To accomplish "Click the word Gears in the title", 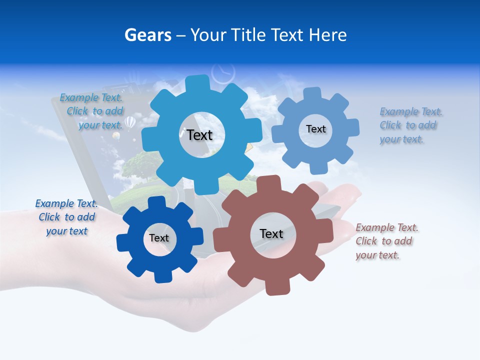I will pyautogui.click(x=147, y=35).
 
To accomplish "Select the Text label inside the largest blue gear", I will pyautogui.click(x=200, y=135).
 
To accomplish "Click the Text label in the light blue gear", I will pyautogui.click(x=315, y=129).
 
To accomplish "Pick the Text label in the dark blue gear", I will pyautogui.click(x=159, y=238).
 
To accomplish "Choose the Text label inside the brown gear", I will pyautogui.click(x=271, y=233).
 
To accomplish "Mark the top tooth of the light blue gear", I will pyautogui.click(x=312, y=94).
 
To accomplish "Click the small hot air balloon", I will pyautogui.click(x=129, y=122).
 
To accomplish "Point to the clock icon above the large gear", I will pyautogui.click(x=223, y=72).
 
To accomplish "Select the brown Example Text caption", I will pyautogui.click(x=386, y=241).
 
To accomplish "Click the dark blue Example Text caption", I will pyautogui.click(x=66, y=217).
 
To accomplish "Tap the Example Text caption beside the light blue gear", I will pyautogui.click(x=411, y=125).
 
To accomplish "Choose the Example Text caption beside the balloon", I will pyautogui.click(x=91, y=111).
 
